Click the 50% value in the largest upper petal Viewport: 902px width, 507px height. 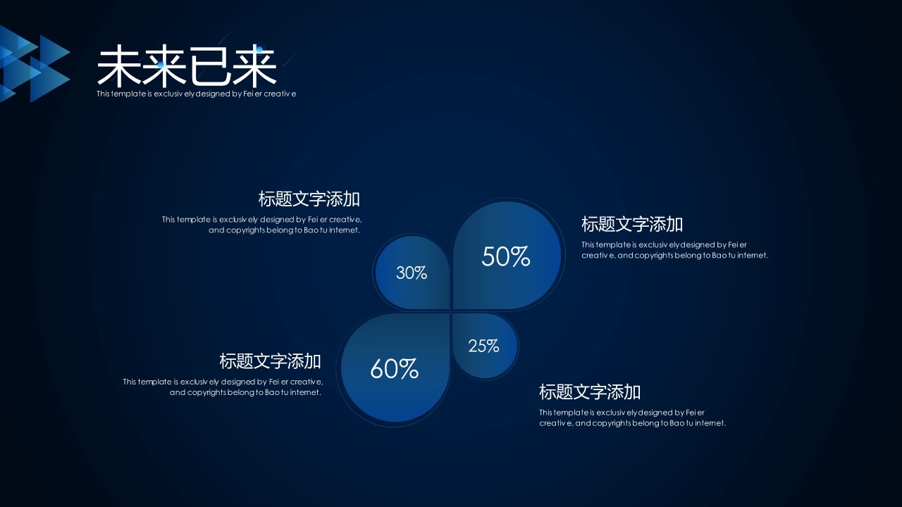[506, 256]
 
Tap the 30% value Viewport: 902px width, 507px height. [411, 273]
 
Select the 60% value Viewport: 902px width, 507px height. [394, 368]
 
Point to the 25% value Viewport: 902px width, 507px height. [483, 346]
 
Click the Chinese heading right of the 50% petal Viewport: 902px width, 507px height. [632, 224]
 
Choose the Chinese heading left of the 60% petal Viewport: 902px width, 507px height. [270, 361]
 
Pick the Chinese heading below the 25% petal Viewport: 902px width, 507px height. [590, 392]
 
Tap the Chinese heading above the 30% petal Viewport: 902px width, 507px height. [309, 199]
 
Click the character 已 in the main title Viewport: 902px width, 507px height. [209, 66]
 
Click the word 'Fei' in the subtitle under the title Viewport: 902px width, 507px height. [248, 94]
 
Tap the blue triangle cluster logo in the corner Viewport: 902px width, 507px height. [35, 63]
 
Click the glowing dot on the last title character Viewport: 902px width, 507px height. [259, 49]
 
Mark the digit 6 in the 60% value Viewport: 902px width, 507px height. [376, 368]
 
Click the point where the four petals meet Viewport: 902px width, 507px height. [451, 311]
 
